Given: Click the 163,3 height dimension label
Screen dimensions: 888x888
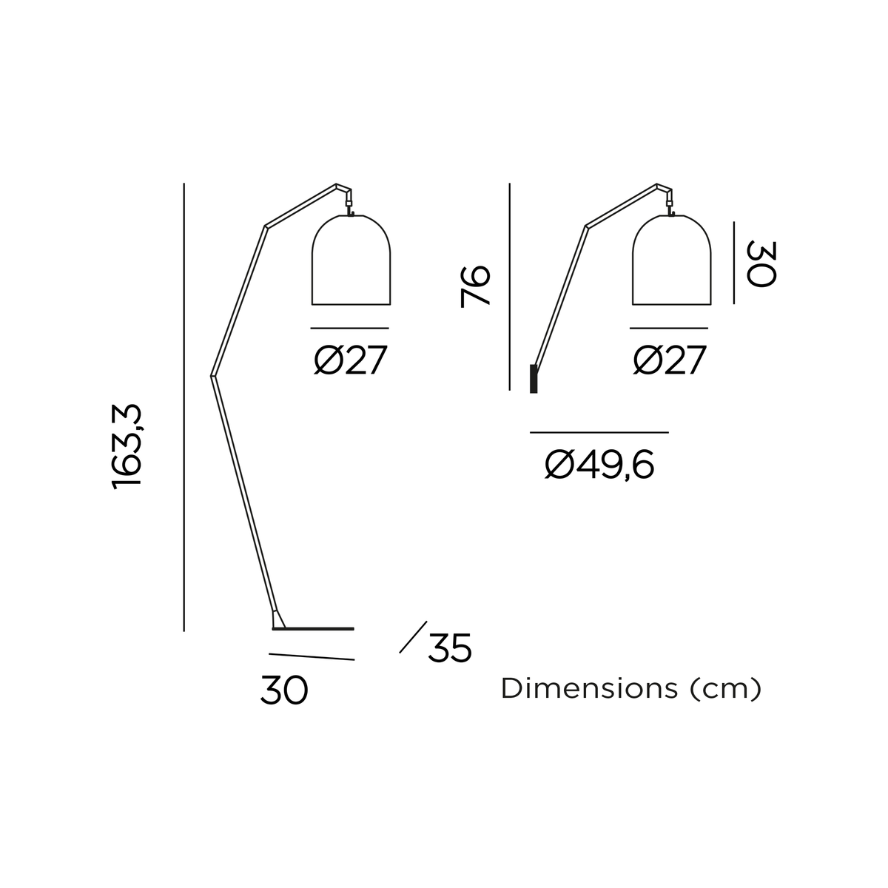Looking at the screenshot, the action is (127, 446).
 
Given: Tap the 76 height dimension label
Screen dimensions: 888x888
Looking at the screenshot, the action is (474, 286).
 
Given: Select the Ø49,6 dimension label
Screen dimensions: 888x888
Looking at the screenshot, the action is (599, 465).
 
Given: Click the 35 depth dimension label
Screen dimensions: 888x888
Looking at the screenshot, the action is (450, 647).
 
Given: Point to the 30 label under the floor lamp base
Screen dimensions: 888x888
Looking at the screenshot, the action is (284, 690).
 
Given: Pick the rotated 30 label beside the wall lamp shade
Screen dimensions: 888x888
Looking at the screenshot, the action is (761, 263).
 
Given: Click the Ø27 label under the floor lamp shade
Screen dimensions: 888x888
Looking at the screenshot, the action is (350, 360).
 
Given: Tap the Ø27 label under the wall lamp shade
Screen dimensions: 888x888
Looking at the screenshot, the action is (670, 360).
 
